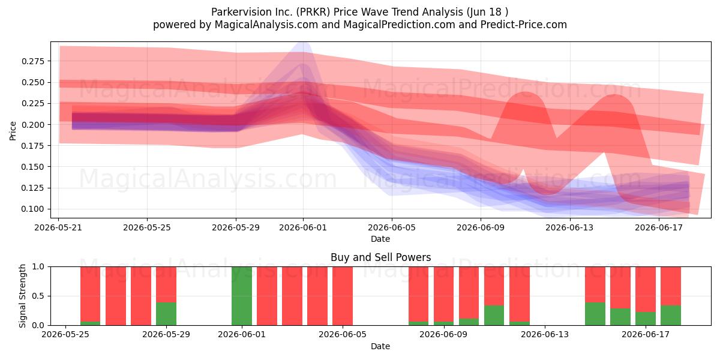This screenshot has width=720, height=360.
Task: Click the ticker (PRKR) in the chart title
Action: point(313,12)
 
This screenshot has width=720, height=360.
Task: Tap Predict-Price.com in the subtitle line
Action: point(524,25)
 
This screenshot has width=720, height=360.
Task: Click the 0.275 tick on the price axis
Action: point(32,61)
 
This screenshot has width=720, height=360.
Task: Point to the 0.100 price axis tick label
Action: point(32,209)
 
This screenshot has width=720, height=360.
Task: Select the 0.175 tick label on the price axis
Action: point(32,146)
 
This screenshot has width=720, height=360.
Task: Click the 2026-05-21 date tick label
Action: point(58,227)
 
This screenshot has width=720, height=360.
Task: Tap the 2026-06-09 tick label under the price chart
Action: point(481,227)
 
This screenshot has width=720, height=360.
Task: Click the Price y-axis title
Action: point(13,131)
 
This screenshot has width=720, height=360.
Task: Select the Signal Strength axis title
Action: point(22,296)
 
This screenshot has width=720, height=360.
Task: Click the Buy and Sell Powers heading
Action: point(380,257)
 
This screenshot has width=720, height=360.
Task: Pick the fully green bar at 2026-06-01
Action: point(242,296)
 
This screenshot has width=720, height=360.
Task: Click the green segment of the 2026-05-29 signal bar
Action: point(166,314)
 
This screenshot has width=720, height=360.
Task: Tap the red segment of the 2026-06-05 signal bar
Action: point(343,296)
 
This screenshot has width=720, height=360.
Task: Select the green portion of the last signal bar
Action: point(671,316)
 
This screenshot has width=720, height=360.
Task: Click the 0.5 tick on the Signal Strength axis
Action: point(38,296)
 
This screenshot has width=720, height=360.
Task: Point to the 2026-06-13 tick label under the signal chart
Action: point(545,335)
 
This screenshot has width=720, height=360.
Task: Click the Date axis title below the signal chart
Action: point(380,346)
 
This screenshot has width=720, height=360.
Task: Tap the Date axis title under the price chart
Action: point(380,239)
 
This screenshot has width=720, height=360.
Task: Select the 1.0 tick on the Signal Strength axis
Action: point(38,267)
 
